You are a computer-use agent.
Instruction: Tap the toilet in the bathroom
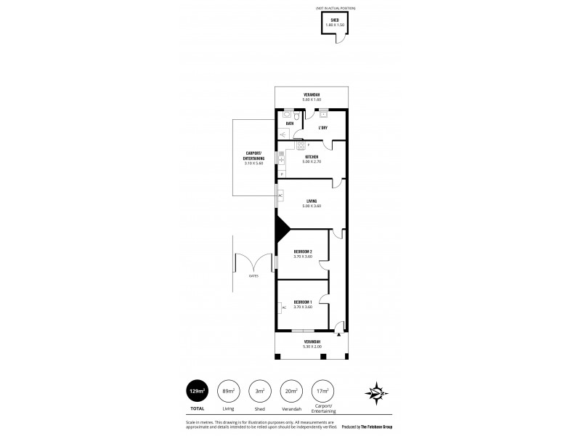[288, 114]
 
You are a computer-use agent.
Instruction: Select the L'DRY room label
[323, 128]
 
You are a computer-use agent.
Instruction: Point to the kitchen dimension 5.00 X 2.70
[312, 161]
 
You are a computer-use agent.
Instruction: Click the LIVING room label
[312, 201]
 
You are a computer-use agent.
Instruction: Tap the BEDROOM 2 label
[303, 251]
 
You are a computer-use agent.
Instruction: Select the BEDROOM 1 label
[303, 302]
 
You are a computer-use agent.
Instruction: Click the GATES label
[253, 275]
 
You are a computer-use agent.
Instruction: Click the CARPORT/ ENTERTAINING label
[254, 158]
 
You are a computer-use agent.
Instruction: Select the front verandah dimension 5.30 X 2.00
[312, 346]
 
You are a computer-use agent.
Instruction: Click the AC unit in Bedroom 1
[282, 306]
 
